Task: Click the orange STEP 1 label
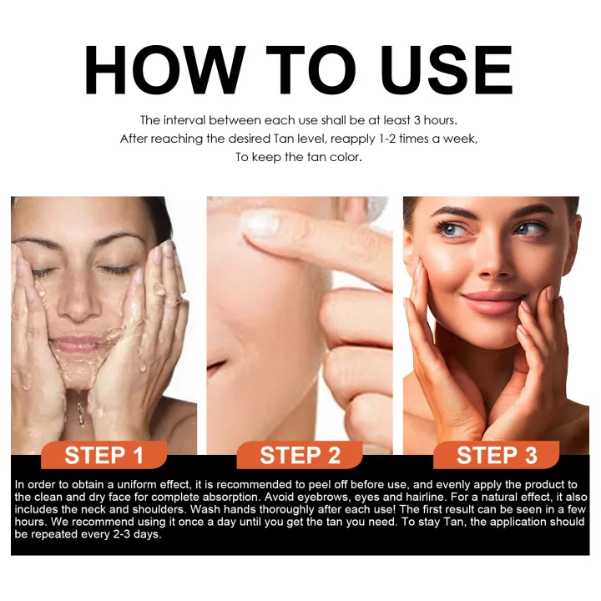104,456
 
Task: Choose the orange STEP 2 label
300,456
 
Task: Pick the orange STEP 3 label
497,456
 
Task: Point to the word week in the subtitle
457,139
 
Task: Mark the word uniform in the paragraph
121,485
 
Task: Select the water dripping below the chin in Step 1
80,409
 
